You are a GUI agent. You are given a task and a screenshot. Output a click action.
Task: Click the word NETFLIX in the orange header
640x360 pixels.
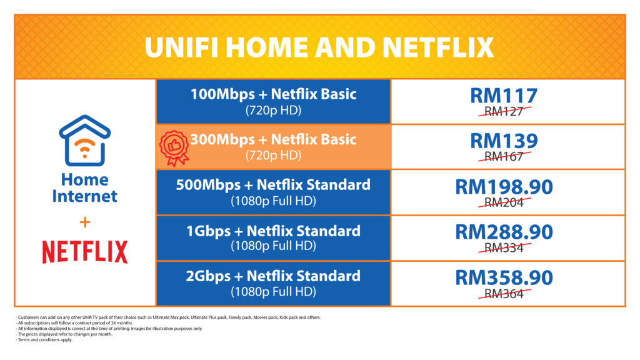(438, 47)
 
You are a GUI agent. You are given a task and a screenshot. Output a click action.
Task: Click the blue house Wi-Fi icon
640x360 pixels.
(84, 141)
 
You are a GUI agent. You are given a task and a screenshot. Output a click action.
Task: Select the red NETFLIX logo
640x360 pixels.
(85, 251)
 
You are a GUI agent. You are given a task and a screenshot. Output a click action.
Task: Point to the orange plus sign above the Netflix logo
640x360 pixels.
(85, 222)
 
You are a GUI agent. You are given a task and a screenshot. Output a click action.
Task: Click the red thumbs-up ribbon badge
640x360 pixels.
(174, 147)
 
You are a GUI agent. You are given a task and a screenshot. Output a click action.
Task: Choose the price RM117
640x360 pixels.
(504, 96)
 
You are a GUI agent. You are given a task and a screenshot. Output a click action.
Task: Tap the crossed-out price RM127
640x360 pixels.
(504, 111)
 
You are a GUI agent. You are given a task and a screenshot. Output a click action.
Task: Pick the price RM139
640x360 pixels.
(504, 141)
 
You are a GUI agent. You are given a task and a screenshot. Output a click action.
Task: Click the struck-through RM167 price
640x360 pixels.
(504, 156)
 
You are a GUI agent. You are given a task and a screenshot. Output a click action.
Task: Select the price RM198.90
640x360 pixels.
(504, 187)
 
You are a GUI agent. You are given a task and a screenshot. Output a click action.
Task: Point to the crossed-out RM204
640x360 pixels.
(504, 202)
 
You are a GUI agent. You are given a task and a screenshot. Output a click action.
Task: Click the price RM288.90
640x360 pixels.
(504, 232)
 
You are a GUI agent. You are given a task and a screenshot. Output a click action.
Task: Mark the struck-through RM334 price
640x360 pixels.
(504, 247)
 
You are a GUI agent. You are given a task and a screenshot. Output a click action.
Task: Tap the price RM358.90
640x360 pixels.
(504, 278)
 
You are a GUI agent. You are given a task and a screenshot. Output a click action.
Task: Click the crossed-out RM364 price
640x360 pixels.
(504, 294)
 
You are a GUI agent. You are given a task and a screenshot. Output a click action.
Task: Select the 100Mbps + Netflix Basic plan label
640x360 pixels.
(274, 94)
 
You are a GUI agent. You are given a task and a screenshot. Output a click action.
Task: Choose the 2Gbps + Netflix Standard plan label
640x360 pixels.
(273, 276)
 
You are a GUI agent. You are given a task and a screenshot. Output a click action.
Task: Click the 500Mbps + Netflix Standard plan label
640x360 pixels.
(273, 185)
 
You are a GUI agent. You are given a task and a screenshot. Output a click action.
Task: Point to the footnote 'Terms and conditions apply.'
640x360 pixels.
(45, 339)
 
